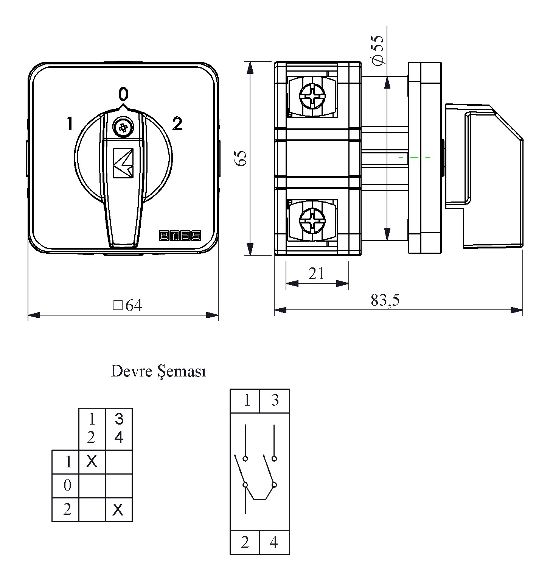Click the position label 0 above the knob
pyautogui.click(x=123, y=93)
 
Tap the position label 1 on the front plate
pyautogui.click(x=70, y=124)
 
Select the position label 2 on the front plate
pyautogui.click(x=177, y=124)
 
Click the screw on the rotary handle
pyautogui.click(x=123, y=128)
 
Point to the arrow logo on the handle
pyautogui.click(x=123, y=163)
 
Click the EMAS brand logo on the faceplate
pyautogui.click(x=180, y=236)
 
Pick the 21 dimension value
pyautogui.click(x=316, y=273)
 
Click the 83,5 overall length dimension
pyautogui.click(x=385, y=300)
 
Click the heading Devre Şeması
pyautogui.click(x=158, y=372)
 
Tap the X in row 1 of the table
pyautogui.click(x=92, y=461)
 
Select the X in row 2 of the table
pyautogui.click(x=118, y=510)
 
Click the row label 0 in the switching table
pyautogui.click(x=67, y=485)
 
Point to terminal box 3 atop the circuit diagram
pyautogui.click(x=275, y=400)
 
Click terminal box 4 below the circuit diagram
pyautogui.click(x=274, y=542)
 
